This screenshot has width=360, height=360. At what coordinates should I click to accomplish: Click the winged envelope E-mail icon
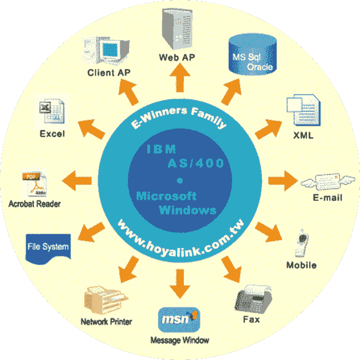pyautogui.click(x=321, y=181)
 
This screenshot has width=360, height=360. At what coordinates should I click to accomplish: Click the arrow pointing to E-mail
pyautogui.click(x=282, y=181)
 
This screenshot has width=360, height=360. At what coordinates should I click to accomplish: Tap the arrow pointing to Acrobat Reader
pyautogui.click(x=77, y=180)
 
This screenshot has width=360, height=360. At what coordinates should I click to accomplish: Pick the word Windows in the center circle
pyautogui.click(x=187, y=210)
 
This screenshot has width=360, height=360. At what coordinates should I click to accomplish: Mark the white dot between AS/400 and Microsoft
pyautogui.click(x=179, y=180)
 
